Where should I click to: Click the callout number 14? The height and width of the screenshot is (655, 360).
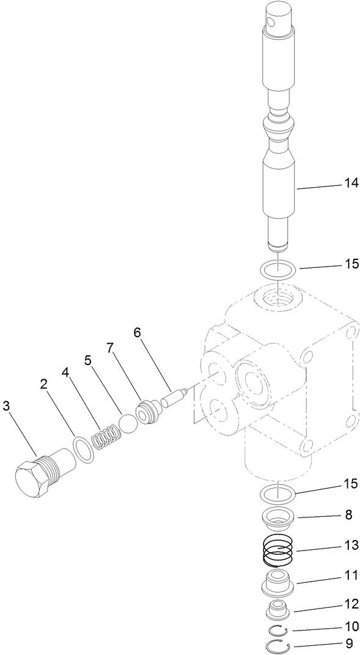(351, 182)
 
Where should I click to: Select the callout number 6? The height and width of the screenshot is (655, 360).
(137, 332)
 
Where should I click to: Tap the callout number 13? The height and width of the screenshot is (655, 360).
(351, 542)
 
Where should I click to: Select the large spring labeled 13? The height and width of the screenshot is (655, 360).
(278, 553)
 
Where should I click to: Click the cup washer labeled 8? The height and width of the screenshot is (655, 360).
(279, 519)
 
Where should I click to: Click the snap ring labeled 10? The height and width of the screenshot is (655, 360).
(279, 630)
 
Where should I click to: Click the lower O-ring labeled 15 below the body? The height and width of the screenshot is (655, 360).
(277, 492)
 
